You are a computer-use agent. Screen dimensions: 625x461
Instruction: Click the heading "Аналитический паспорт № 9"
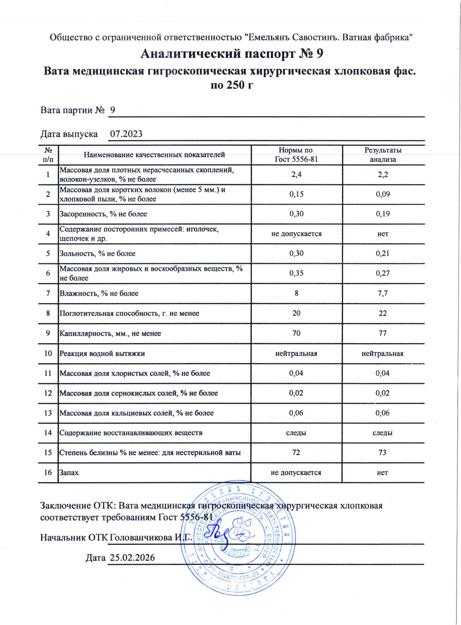[232, 53]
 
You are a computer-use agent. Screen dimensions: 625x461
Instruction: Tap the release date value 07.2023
[126, 134]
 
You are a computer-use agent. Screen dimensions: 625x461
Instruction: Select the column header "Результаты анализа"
[383, 155]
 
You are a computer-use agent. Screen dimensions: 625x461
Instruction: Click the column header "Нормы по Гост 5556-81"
[296, 155]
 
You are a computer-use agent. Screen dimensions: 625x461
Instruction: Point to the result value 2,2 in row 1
[383, 174]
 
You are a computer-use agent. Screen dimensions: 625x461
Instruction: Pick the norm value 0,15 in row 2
[296, 194]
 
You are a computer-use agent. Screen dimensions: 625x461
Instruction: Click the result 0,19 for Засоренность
[383, 214]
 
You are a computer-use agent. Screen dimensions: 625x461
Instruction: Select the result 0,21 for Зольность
[383, 254]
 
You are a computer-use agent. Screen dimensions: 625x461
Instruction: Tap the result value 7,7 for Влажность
[383, 293]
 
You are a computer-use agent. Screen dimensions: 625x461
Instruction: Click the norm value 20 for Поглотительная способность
[296, 313]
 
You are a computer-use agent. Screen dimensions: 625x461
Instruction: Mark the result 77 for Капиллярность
[383, 333]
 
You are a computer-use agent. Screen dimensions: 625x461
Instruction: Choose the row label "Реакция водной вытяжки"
[102, 353]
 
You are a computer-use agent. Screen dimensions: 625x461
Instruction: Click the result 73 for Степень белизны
[382, 453]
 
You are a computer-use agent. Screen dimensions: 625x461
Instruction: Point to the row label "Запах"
[69, 472]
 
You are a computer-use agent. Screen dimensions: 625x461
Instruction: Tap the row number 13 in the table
[48, 413]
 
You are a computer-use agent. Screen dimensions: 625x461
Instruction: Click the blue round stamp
[238, 538]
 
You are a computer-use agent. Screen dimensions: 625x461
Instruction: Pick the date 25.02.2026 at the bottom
[132, 558]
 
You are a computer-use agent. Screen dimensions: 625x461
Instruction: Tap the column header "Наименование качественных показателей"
[154, 155]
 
